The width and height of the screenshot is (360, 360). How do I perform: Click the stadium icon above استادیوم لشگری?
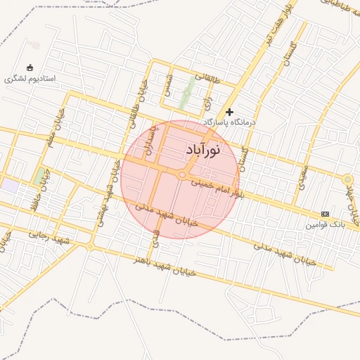30,67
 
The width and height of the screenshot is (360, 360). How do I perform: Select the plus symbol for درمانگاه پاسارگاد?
229,112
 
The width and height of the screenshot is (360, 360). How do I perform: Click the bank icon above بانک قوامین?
325,214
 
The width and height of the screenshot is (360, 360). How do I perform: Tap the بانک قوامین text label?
325,225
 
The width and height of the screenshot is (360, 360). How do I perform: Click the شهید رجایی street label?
49,237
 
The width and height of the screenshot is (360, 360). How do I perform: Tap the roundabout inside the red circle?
181,174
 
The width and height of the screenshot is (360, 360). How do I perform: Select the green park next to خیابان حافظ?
37,176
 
